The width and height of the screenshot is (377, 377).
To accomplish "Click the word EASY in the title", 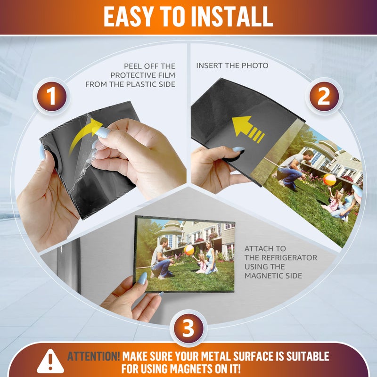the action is [128, 16].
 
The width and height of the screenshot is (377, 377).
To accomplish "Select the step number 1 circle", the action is [52, 96].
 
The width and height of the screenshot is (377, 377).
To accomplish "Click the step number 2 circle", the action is [324, 97].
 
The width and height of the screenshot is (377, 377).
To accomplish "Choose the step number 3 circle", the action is [188, 328].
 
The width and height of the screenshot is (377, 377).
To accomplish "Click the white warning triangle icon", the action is [50, 361].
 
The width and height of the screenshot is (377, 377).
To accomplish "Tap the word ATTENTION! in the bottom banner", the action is [93, 356].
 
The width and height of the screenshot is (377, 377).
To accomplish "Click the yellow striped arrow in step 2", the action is [248, 129].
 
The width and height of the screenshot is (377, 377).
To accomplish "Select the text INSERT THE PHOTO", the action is [232, 66].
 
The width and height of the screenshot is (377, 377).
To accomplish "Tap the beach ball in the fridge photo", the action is [189, 250].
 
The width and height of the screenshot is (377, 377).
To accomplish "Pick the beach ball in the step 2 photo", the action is [329, 180].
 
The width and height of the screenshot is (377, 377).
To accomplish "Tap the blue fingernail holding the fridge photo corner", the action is [143, 279].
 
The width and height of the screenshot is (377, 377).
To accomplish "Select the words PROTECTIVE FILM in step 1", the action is [143, 75].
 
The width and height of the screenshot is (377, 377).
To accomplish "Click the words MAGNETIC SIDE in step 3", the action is [273, 276].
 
